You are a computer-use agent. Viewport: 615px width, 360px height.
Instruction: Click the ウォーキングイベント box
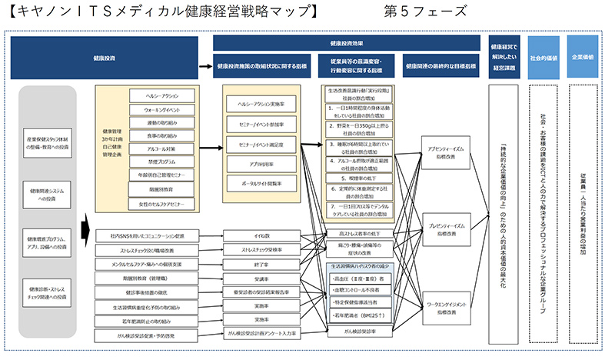pos(161,110)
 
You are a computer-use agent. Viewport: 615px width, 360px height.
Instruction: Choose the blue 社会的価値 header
pos(544,57)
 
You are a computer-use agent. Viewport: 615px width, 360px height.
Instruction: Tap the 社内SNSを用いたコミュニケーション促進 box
pos(148,235)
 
